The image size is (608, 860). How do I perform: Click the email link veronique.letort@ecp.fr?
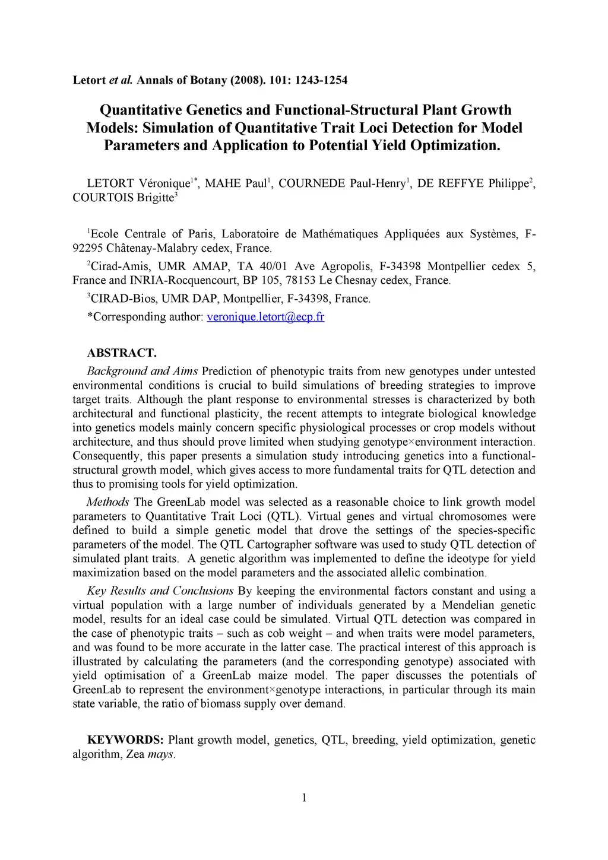tap(265, 317)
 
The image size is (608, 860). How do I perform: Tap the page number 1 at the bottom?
tap(304, 798)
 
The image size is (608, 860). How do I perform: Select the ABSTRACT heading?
tap(122, 353)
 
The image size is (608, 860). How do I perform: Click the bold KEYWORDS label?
tap(125, 740)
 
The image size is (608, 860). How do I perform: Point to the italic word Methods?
tap(107, 502)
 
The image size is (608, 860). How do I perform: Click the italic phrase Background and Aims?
tap(142, 372)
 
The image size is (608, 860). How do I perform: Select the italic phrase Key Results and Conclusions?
tap(160, 591)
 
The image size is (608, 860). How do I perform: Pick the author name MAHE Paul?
tap(236, 183)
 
